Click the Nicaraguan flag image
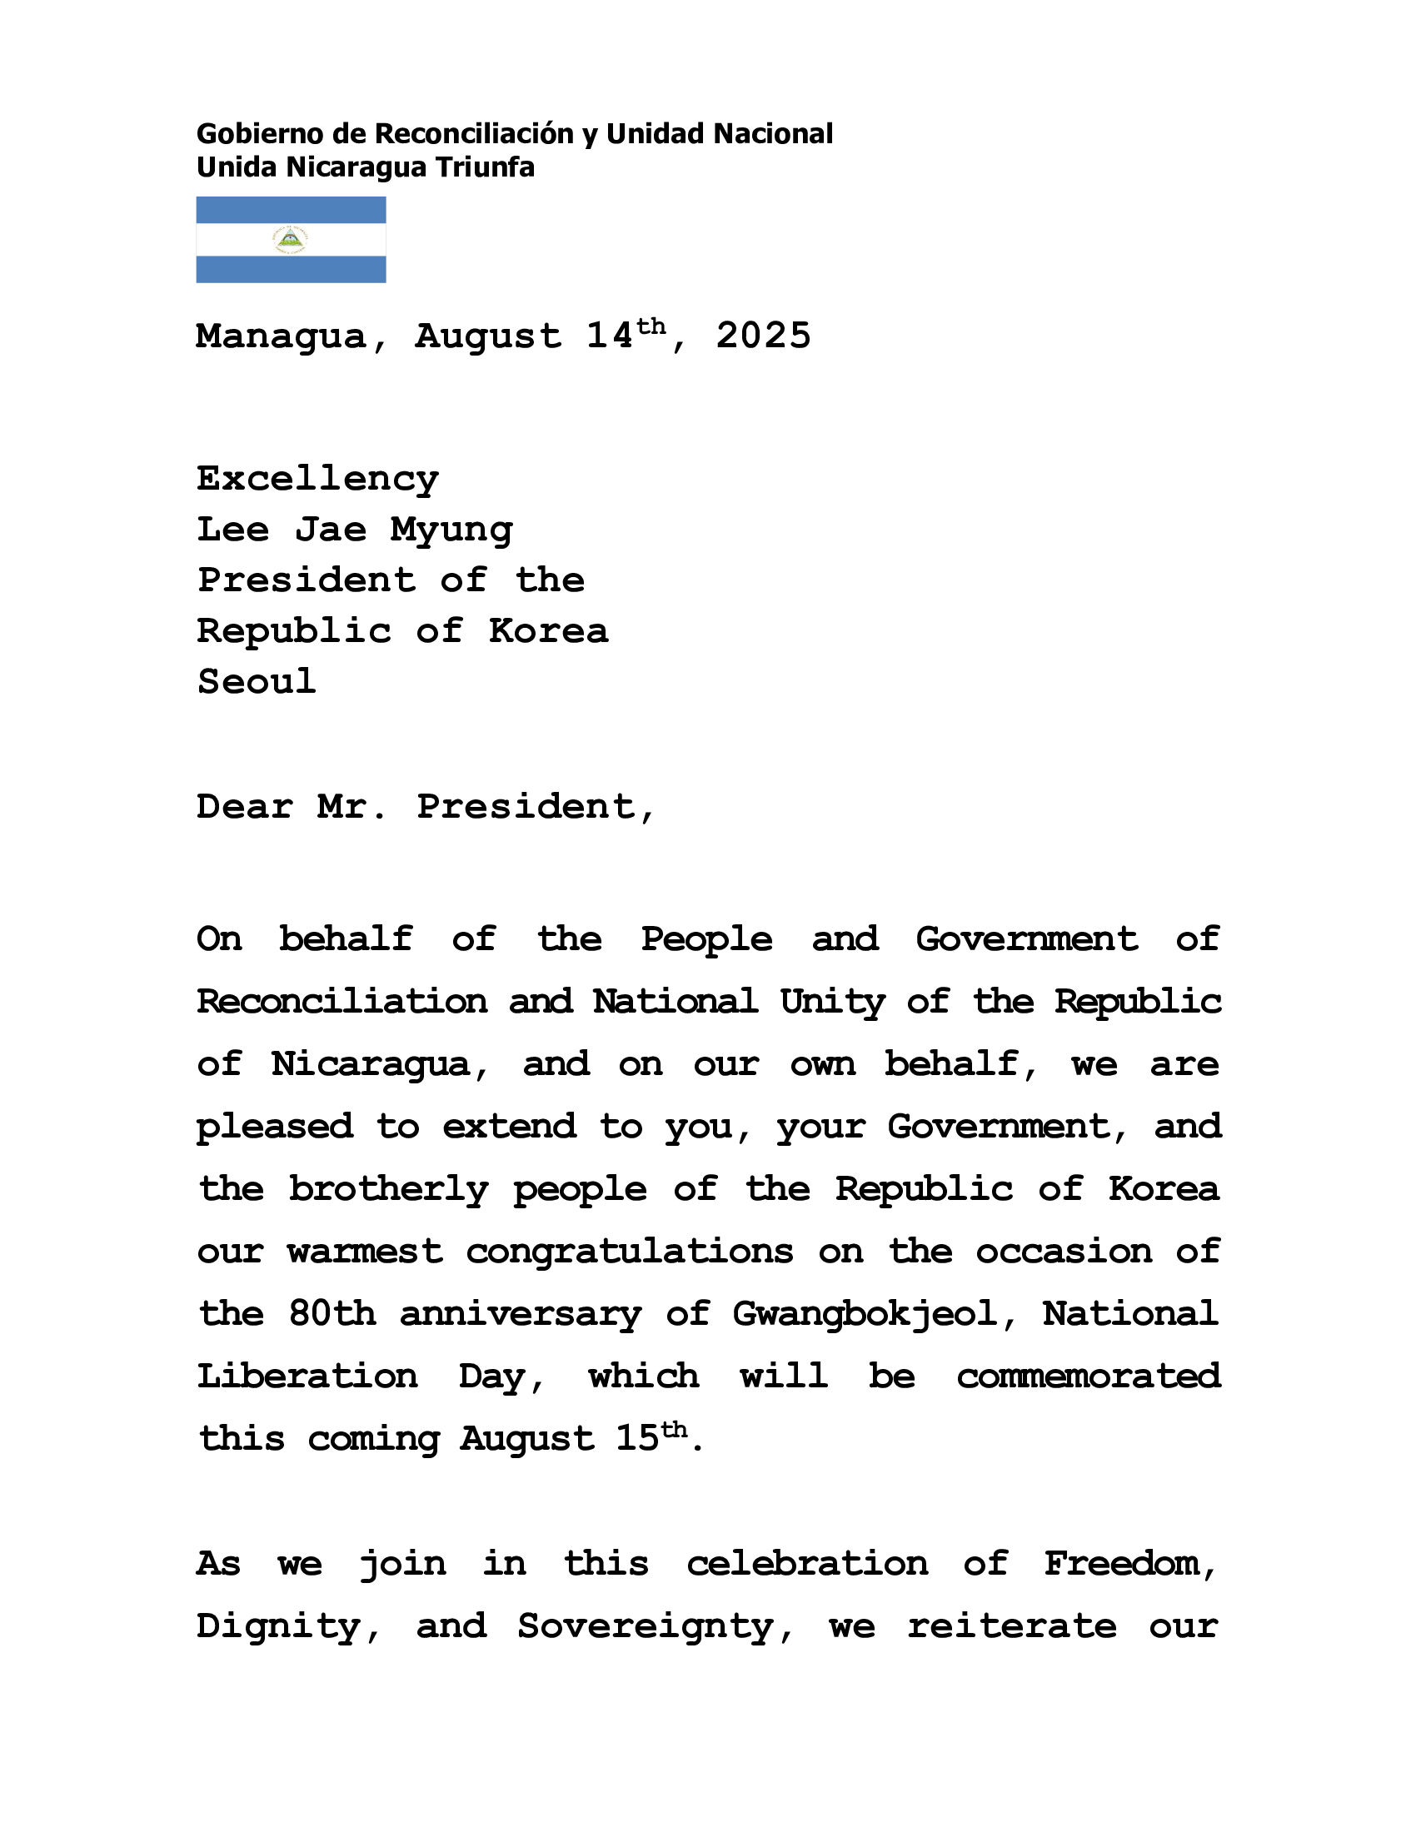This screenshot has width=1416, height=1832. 290,239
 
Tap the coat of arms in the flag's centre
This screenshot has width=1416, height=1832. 290,240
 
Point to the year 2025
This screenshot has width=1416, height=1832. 762,336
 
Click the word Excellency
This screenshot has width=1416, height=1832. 317,480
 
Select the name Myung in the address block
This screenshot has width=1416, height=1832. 451,530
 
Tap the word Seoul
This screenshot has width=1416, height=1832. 256,681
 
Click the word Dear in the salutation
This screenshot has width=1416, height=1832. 244,807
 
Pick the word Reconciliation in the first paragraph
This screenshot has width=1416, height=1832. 342,1002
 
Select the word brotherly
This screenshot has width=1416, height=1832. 387,1189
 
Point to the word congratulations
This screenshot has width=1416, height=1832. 629,1252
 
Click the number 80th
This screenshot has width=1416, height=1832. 332,1314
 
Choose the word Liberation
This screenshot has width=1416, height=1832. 307,1376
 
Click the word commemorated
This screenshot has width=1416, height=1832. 1088,1376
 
